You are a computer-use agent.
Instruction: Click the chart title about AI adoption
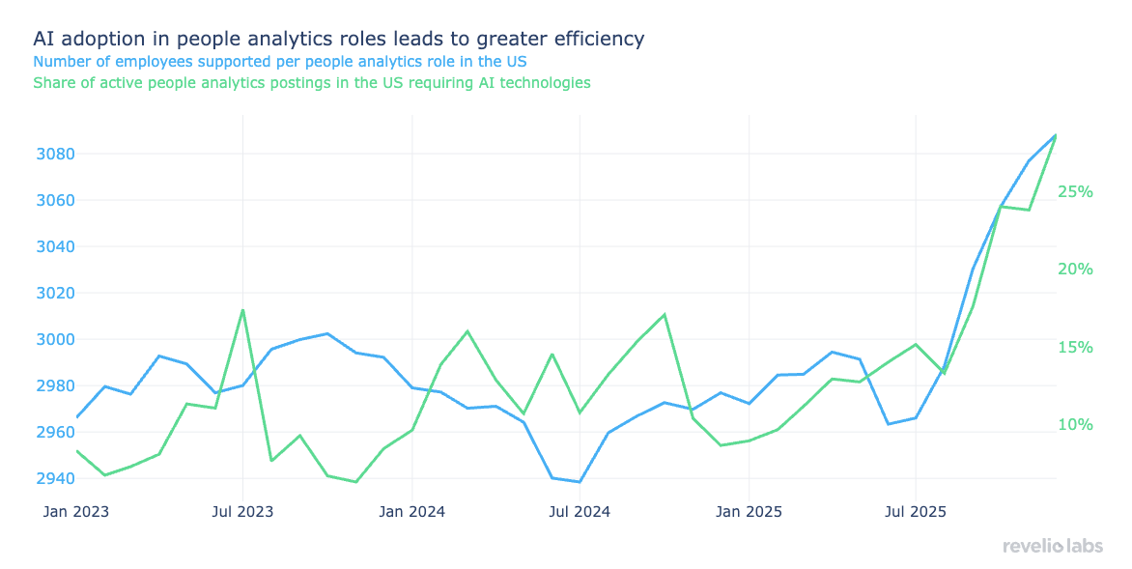(x=338, y=39)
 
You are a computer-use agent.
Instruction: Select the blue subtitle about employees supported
(x=280, y=61)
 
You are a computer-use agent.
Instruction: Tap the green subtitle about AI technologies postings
(x=312, y=83)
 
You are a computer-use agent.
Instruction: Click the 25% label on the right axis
(x=1075, y=191)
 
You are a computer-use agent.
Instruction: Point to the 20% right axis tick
(x=1075, y=269)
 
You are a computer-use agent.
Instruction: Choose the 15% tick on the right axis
(x=1075, y=347)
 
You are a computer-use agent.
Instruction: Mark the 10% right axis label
(x=1075, y=425)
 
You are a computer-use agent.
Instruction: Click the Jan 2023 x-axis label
(x=76, y=511)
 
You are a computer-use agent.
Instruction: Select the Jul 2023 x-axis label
(x=242, y=511)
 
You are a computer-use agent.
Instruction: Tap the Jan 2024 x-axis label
(x=412, y=511)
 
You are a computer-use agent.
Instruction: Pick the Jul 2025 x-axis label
(x=915, y=511)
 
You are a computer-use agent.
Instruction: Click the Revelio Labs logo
(x=1052, y=547)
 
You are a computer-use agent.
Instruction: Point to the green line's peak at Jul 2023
(x=242, y=310)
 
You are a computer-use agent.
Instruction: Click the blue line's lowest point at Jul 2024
(x=580, y=481)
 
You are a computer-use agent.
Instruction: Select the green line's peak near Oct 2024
(x=665, y=314)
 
